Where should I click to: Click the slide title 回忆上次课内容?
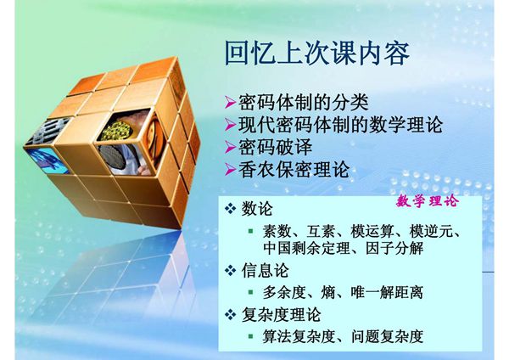point(317,54)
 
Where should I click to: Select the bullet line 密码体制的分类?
point(302,103)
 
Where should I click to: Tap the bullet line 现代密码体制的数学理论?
point(338,125)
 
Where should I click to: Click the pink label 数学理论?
point(426,202)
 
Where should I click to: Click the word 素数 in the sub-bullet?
point(277,232)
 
